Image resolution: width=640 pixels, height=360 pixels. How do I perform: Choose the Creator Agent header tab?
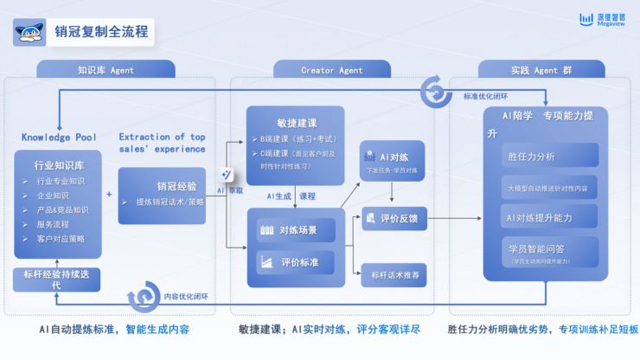(x=331, y=69)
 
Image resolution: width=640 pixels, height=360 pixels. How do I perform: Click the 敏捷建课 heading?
(x=294, y=123)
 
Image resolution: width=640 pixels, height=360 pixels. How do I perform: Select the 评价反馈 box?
(x=392, y=219)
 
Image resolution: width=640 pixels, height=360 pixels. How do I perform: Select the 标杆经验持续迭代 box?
(x=57, y=280)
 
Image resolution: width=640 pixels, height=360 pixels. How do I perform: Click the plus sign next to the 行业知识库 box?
(x=109, y=196)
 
